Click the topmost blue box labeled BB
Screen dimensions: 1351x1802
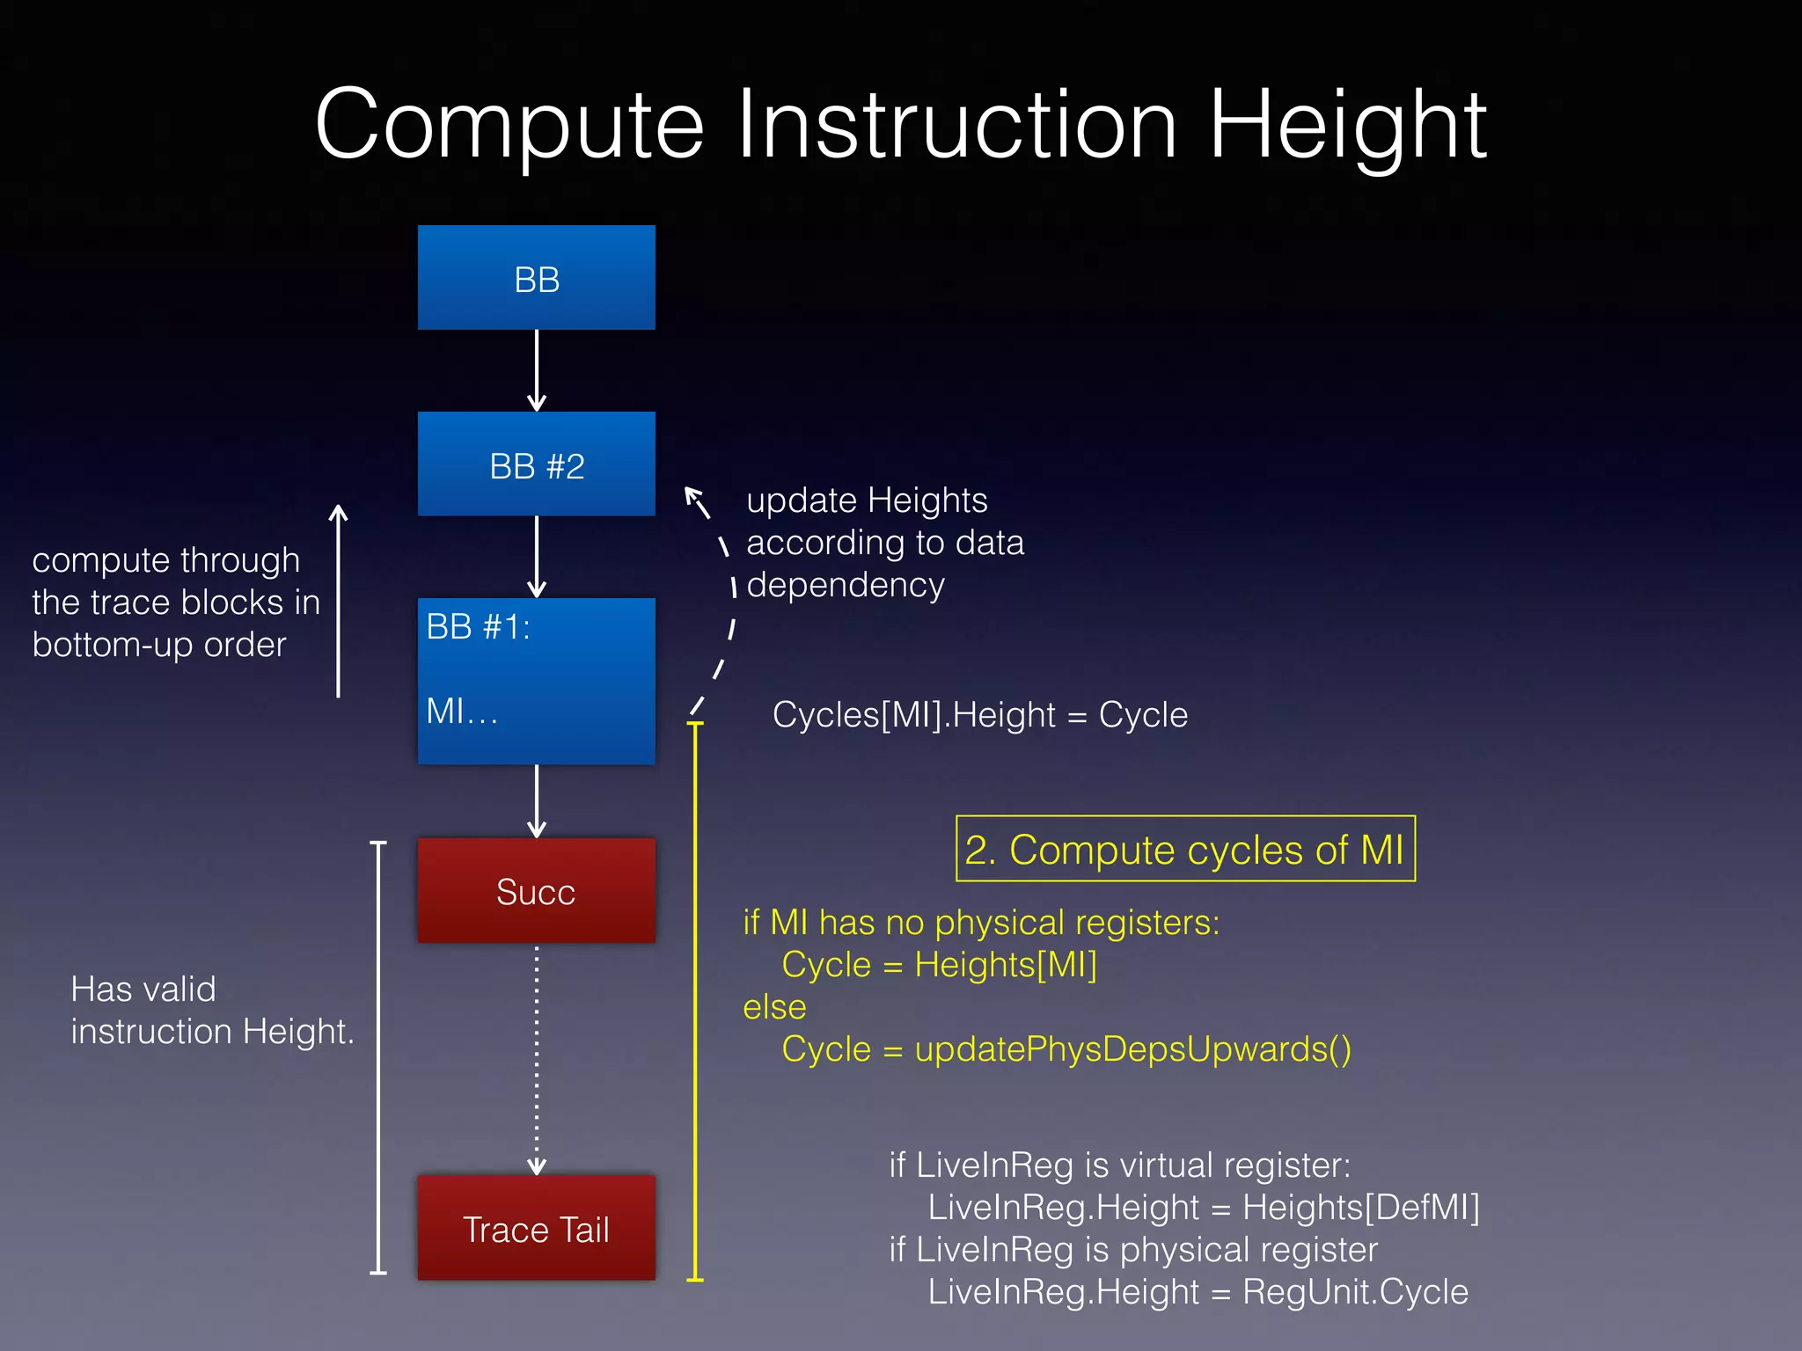tap(536, 278)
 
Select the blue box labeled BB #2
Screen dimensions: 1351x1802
tap(536, 464)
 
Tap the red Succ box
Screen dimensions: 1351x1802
tap(536, 890)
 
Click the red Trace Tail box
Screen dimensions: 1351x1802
tap(536, 1228)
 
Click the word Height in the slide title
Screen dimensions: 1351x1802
tap(1347, 126)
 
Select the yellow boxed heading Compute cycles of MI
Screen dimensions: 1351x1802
tap(1184, 850)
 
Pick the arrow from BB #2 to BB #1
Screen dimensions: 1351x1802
tap(537, 557)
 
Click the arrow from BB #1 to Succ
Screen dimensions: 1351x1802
tap(537, 801)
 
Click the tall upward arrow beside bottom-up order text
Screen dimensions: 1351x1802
tap(339, 602)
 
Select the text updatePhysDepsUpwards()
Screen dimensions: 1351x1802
tap(1132, 1049)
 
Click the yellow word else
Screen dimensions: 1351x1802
tap(774, 1007)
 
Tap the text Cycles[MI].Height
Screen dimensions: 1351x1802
tap(913, 715)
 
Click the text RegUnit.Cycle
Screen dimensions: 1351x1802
tap(1355, 1292)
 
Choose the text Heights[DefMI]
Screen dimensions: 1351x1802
tap(1360, 1208)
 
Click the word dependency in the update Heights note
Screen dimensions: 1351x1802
tap(846, 586)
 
